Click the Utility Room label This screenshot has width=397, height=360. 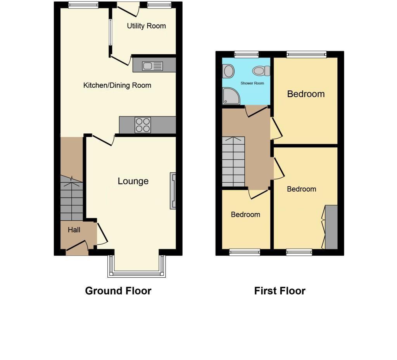pyautogui.click(x=146, y=26)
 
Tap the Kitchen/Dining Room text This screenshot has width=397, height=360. pyautogui.click(x=117, y=85)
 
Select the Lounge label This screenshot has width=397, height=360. pyautogui.click(x=133, y=181)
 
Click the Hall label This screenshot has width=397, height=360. pyautogui.click(x=74, y=230)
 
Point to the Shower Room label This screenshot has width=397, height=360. pyautogui.click(x=252, y=83)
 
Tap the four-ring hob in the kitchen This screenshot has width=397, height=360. pyautogui.click(x=143, y=125)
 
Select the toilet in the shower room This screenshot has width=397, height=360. pyautogui.click(x=261, y=71)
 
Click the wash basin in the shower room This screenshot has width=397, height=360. pyautogui.click(x=229, y=71)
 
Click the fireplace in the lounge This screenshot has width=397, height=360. pyautogui.click(x=173, y=191)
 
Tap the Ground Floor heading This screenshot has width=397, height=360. pyautogui.click(x=118, y=291)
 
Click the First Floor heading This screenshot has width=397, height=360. pyautogui.click(x=280, y=291)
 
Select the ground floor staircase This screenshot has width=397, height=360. pyautogui.click(x=72, y=198)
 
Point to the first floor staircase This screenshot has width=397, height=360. pyautogui.click(x=233, y=161)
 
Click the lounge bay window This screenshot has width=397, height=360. pyautogui.click(x=136, y=273)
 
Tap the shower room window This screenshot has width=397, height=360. pyautogui.click(x=246, y=54)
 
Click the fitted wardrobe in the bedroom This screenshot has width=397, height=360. pyautogui.click(x=331, y=227)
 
